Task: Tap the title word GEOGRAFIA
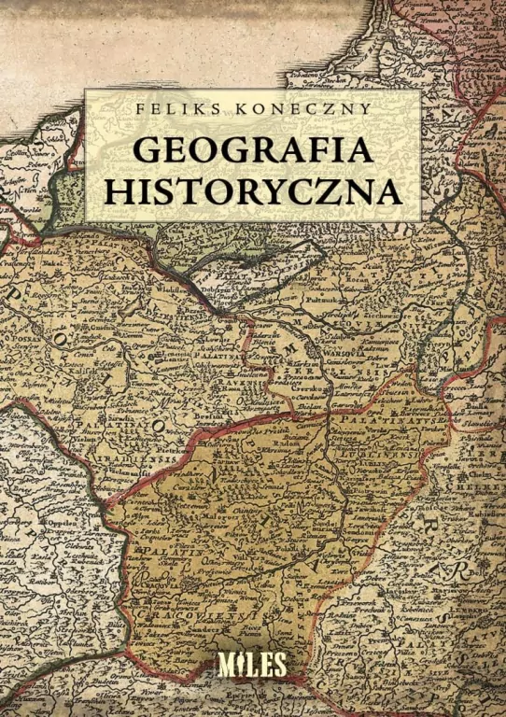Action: pos(252,150)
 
